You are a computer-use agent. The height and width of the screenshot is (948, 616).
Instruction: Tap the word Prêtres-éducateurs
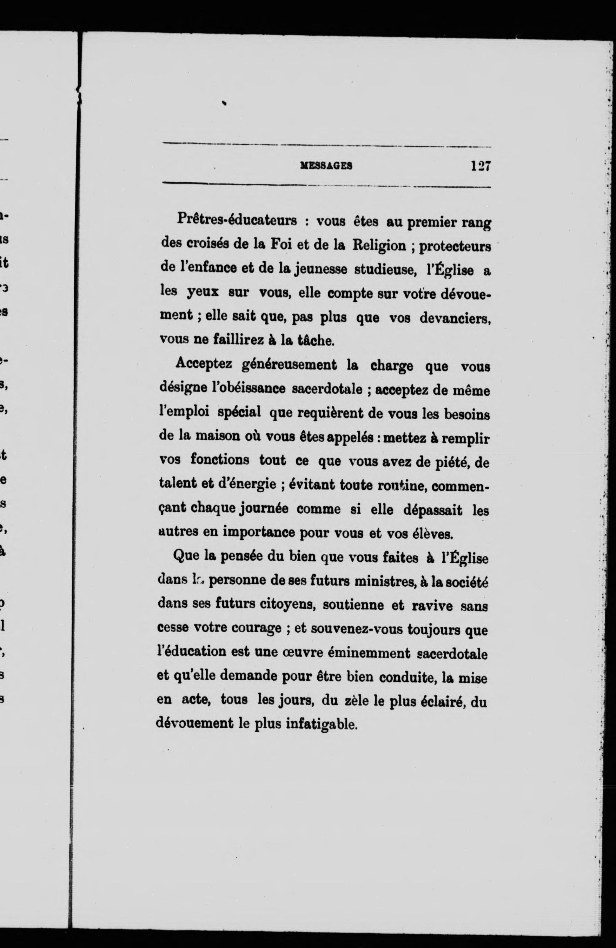pyautogui.click(x=237, y=220)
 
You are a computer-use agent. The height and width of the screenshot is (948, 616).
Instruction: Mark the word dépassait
pyautogui.click(x=433, y=510)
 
